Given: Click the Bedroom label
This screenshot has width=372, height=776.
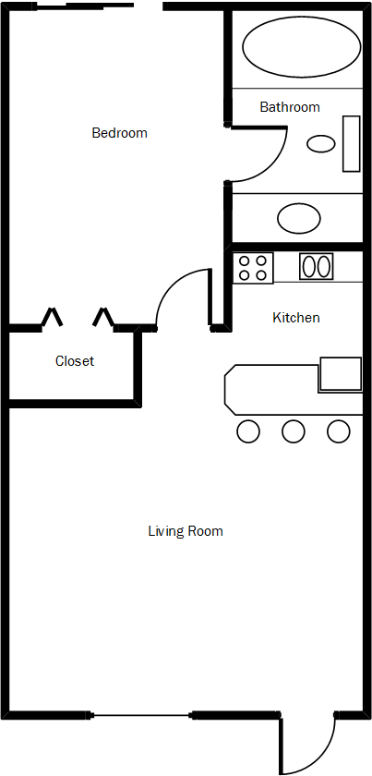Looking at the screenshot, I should tap(119, 133).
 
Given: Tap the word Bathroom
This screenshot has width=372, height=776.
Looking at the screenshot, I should tap(289, 107).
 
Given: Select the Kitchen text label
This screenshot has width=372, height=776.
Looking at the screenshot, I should tap(295, 318).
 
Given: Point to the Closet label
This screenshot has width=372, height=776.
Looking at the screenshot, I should tap(75, 361).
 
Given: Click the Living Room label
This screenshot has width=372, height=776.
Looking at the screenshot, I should tap(186, 531).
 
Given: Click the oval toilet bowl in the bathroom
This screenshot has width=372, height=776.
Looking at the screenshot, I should tap(321, 143).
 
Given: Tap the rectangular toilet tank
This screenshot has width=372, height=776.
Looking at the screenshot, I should tap(352, 143).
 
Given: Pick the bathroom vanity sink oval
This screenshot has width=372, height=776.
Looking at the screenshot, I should tap(300, 219).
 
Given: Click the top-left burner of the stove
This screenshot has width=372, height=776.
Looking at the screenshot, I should tap(245, 261).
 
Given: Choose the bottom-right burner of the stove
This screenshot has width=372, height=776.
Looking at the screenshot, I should tap(261, 275).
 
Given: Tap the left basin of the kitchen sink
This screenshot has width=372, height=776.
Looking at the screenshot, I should tap(309, 267).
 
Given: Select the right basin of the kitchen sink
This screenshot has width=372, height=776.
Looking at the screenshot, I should tap(324, 267).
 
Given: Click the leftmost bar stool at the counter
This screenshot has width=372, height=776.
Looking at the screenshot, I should tap(248, 430).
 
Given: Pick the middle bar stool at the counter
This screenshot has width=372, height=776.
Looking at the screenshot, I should tap(294, 430).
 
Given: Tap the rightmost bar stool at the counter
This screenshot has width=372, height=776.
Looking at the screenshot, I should tap(339, 430).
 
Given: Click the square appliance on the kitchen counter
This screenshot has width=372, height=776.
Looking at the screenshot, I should tap(340, 373).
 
